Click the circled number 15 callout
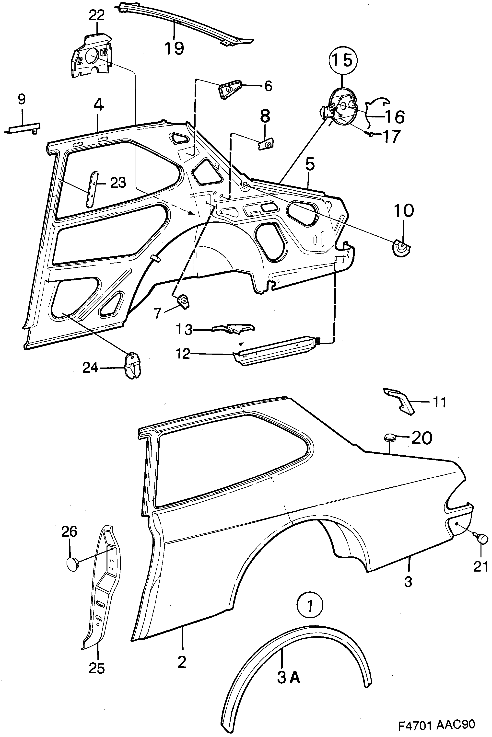pos(343,61)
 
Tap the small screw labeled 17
pos(370,135)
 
